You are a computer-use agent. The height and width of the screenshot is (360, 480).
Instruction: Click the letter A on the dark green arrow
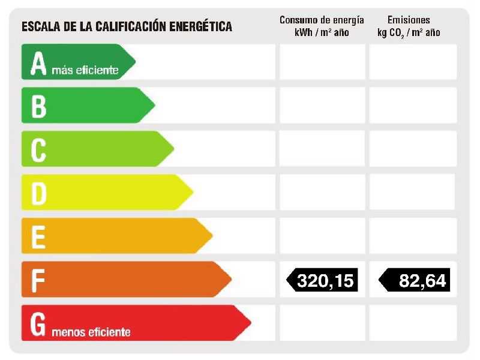tap(38, 64)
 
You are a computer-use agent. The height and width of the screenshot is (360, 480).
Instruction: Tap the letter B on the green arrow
tap(38, 106)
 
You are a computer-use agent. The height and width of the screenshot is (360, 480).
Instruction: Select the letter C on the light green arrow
tap(38, 149)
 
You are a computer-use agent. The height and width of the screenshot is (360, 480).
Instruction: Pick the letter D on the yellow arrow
tap(38, 193)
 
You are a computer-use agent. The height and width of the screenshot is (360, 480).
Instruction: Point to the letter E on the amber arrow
tap(38, 236)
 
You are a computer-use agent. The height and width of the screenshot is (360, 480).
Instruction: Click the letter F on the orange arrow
tap(38, 280)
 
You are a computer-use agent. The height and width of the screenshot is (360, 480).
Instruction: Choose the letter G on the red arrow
tap(38, 324)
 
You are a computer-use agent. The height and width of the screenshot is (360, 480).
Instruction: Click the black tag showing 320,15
tap(322, 280)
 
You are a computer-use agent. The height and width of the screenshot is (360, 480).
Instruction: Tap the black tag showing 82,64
tap(415, 280)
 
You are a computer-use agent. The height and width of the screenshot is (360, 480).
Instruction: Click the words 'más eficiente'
tap(85, 71)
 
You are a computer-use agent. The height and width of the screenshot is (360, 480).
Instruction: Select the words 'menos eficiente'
tap(91, 332)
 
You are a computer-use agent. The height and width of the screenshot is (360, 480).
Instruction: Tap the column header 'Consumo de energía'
tap(322, 20)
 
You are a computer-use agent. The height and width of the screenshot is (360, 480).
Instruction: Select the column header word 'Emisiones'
tap(409, 20)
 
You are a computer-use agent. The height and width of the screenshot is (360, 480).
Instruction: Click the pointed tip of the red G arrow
tap(250, 323)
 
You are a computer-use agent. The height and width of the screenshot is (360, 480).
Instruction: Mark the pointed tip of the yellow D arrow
tap(193, 193)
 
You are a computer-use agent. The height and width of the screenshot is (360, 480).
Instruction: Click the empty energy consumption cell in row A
tap(322, 62)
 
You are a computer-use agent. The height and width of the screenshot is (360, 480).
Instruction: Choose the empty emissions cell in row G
tap(413, 323)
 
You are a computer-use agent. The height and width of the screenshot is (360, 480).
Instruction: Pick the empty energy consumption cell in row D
tap(322, 193)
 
